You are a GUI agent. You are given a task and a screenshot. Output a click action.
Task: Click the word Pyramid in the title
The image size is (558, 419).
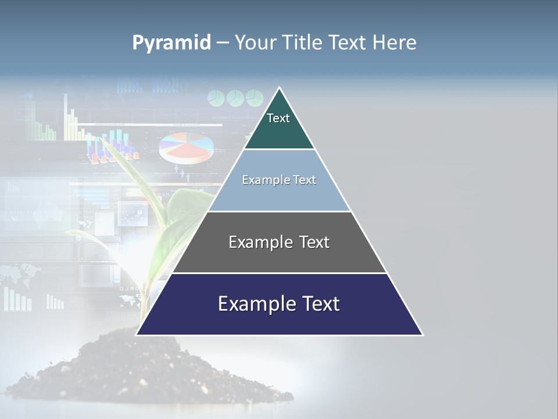pyautogui.click(x=171, y=43)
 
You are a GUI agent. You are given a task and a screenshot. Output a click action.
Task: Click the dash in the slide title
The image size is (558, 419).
pyautogui.click(x=222, y=44)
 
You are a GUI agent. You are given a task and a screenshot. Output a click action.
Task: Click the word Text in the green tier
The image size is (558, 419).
pyautogui.click(x=278, y=118)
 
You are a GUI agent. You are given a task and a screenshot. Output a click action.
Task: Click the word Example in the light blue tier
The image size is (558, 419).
pyautogui.click(x=262, y=180)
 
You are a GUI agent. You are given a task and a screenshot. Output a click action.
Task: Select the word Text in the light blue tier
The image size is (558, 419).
pyautogui.click(x=305, y=180)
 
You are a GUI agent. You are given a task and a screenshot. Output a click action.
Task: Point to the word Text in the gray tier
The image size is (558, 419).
pyautogui.click(x=314, y=242)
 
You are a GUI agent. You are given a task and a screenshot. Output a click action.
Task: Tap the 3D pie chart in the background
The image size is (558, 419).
pyautogui.click(x=185, y=147)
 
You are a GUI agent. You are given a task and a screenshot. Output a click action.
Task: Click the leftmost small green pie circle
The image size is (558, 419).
pyautogui.click(x=216, y=98)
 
